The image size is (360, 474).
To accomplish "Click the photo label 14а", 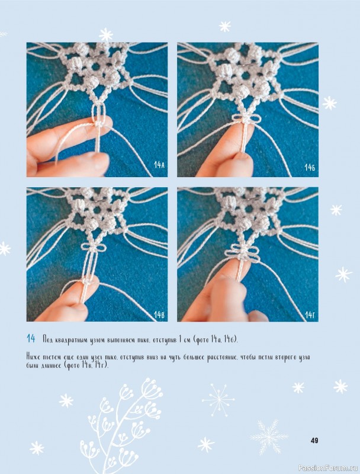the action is (x=159, y=165).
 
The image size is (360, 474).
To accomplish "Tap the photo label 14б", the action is (x=310, y=167).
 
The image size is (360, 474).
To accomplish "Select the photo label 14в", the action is (x=159, y=315).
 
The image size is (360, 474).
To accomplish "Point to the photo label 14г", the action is (x=310, y=315).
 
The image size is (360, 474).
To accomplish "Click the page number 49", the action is (x=314, y=440).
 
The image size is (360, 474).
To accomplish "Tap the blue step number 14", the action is (x=31, y=338).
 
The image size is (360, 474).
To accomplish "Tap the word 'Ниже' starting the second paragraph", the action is (x=33, y=357).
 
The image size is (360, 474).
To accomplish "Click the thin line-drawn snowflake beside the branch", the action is (x=218, y=400).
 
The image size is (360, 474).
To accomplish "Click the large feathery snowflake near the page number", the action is (x=268, y=436).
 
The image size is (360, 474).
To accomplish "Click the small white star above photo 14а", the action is (x=106, y=35).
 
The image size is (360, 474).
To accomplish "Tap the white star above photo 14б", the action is (x=224, y=26).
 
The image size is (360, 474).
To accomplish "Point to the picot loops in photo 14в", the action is (x=94, y=246).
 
